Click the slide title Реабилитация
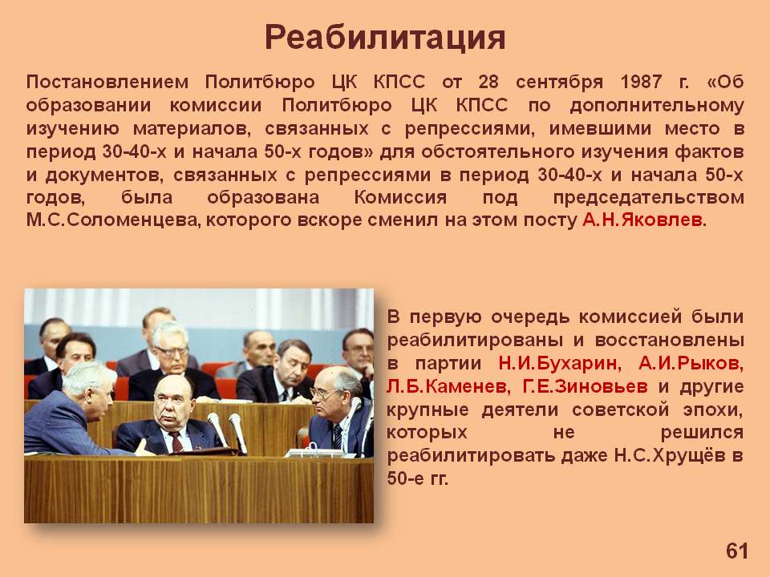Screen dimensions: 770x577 coord(385,38)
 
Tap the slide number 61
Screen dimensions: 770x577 coord(736,551)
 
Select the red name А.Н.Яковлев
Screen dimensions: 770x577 coord(642,220)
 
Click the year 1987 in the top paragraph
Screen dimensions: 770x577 coord(641,82)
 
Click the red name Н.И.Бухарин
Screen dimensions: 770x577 coord(559,364)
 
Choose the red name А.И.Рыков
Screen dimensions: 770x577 coord(691,364)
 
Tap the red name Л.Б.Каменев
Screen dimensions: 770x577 coord(447,386)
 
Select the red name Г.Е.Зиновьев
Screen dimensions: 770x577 coord(585,386)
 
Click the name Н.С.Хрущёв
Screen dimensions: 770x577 coord(669,456)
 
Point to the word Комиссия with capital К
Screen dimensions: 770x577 coord(400,197)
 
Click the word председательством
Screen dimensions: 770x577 coord(648,197)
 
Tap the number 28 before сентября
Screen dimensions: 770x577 coord(488,82)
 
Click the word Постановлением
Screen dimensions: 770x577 coord(107,82)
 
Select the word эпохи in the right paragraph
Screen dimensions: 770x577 coord(714,410)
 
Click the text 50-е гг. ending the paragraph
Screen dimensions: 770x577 coord(417,478)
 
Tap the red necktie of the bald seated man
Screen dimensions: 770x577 coord(176,441)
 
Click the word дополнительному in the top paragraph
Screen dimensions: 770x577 coord(657,106)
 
